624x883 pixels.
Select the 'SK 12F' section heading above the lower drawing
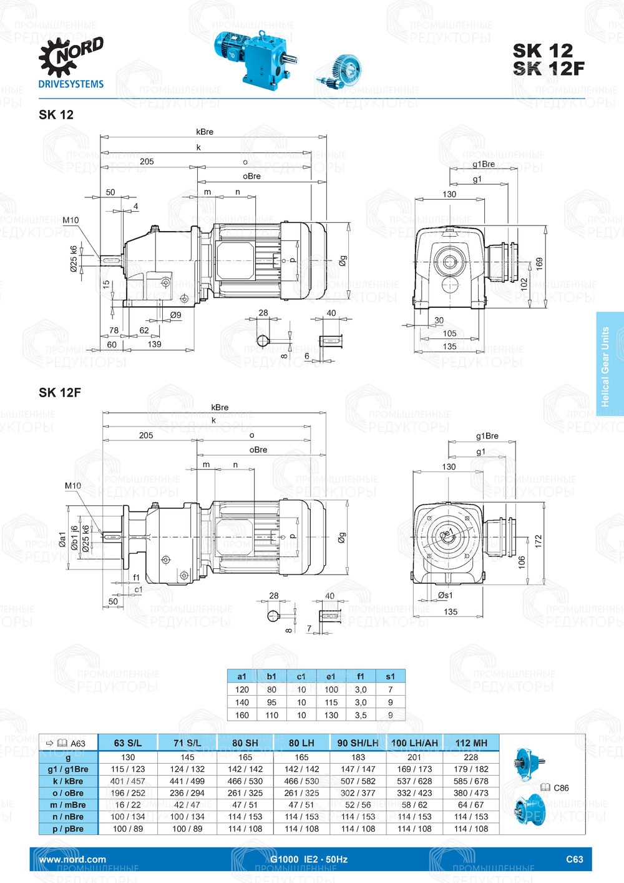60,392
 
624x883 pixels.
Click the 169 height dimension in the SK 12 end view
539,264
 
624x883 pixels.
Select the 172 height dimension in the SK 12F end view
539,541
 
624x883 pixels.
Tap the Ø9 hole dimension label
176,315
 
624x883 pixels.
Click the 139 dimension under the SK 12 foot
155,344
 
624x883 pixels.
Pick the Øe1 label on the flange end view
447,534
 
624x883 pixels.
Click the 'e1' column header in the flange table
331,676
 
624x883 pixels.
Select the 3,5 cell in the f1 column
361,715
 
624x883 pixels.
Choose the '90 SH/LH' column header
358,742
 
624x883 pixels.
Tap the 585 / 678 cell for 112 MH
471,781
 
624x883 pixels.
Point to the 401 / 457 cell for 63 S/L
128,781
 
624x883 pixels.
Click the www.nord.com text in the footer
72,859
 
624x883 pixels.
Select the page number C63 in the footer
574,859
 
